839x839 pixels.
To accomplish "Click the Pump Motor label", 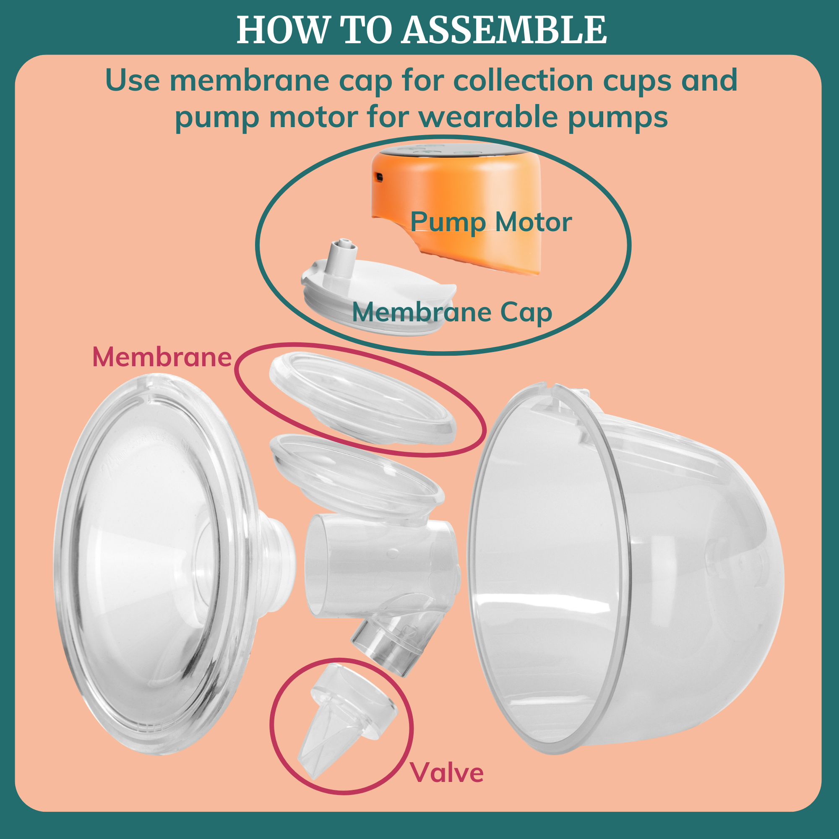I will pyautogui.click(x=491, y=222).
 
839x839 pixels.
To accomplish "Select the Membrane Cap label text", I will pyautogui.click(x=452, y=312).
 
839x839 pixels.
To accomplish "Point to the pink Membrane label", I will pyautogui.click(x=162, y=357).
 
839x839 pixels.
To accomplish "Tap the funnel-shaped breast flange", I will pyautogui.click(x=152, y=565).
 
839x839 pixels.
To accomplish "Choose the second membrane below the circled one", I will pyautogui.click(x=356, y=478).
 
